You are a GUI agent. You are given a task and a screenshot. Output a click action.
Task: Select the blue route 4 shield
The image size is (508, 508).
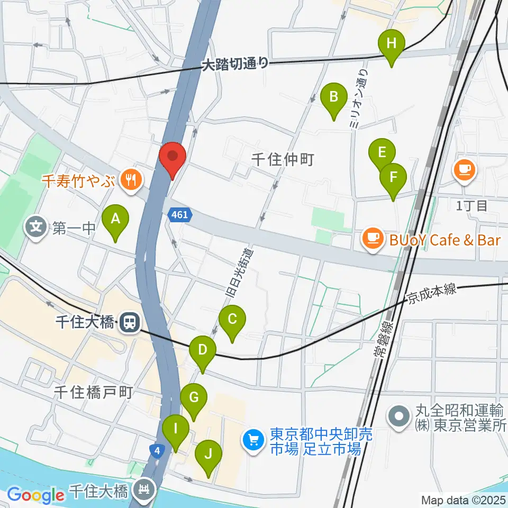click(156, 451)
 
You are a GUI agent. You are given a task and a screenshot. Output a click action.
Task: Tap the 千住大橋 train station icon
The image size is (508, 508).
click(129, 322)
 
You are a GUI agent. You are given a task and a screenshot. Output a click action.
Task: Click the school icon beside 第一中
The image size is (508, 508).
click(36, 228)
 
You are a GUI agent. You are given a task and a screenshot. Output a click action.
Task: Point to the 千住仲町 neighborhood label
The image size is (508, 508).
click(283, 159)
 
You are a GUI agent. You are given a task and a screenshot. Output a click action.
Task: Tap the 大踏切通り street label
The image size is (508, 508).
click(235, 65)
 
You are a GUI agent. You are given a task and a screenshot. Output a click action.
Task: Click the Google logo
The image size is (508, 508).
click(35, 495)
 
